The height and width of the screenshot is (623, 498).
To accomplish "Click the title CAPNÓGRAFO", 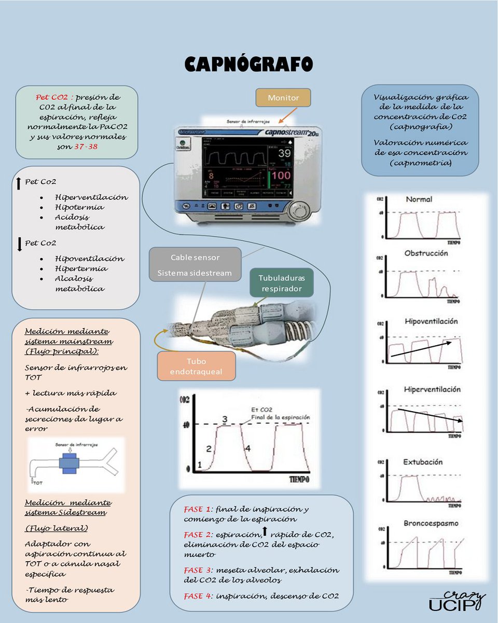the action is pyautogui.click(x=249, y=64).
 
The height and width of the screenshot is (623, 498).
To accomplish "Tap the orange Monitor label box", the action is pyautogui.click(x=284, y=98).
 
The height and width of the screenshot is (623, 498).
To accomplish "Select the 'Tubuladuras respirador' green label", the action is pyautogui.click(x=282, y=283).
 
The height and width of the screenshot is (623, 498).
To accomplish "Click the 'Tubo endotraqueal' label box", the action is pyautogui.click(x=196, y=367).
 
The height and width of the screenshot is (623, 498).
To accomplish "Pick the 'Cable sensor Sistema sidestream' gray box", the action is pyautogui.click(x=195, y=265).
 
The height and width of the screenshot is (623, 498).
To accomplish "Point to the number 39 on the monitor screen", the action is pyautogui.click(x=284, y=153).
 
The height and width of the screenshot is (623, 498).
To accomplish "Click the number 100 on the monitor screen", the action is pyautogui.click(x=281, y=175).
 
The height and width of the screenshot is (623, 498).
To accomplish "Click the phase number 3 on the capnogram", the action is pyautogui.click(x=225, y=419).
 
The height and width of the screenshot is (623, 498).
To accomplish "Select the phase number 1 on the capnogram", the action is pyautogui.click(x=200, y=466).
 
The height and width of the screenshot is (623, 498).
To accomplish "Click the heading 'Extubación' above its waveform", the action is pyautogui.click(x=423, y=462).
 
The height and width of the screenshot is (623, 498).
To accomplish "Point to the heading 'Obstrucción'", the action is pyautogui.click(x=426, y=253).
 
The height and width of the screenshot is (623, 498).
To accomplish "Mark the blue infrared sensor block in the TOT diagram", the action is pyautogui.click(x=68, y=463).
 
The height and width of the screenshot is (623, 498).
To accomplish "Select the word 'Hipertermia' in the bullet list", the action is pyautogui.click(x=81, y=268).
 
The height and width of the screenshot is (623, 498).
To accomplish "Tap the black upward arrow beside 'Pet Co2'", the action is pyautogui.click(x=19, y=183).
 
